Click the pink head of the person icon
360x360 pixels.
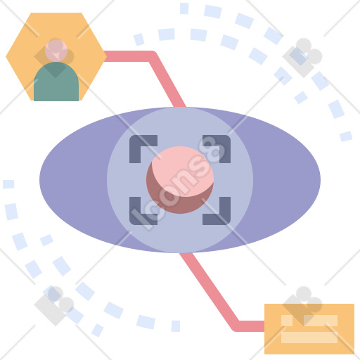click(x=56, y=51)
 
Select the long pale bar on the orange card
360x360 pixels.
click(x=309, y=337)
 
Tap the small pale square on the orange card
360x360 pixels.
click(x=287, y=321)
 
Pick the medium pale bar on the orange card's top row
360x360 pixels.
click(x=321, y=321)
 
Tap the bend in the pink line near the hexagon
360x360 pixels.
click(x=152, y=56)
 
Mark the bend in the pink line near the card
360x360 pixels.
click(x=236, y=326)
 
